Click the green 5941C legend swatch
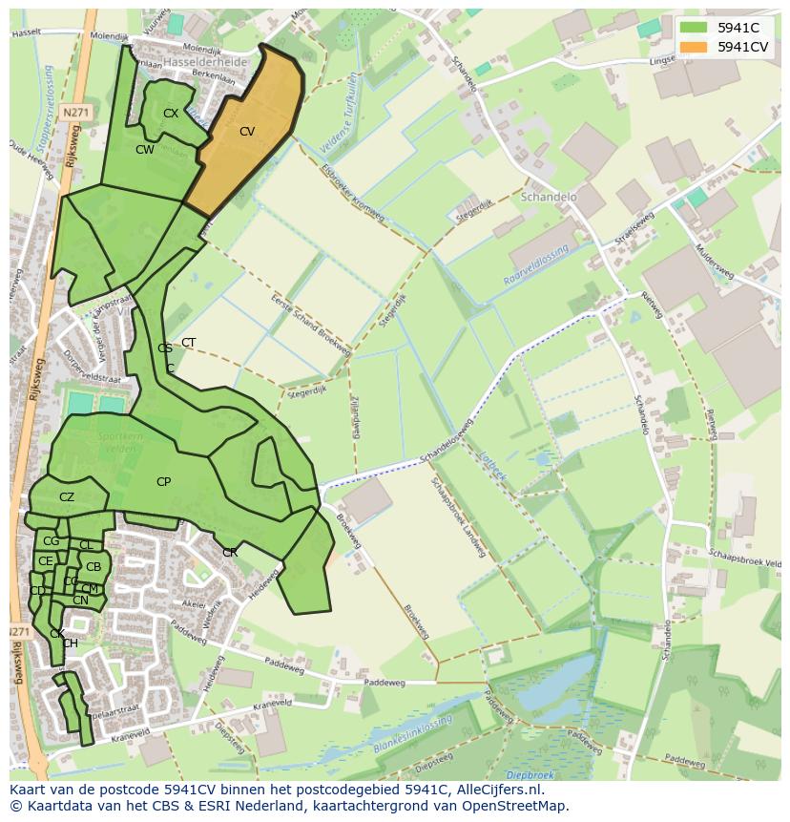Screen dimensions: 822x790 pyautogui.click(x=694, y=28)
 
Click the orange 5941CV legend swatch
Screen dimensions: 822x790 pyautogui.click(x=694, y=47)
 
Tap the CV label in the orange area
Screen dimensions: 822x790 pyautogui.click(x=247, y=132)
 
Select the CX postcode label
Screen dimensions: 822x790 pyautogui.click(x=171, y=113)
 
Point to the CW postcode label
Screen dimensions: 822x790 pyautogui.click(x=144, y=150)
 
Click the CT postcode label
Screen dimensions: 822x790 pyautogui.click(x=189, y=343)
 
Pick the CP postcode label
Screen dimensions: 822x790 pyautogui.click(x=163, y=482)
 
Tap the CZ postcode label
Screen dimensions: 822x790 pyautogui.click(x=67, y=497)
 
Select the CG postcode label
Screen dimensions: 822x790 pyautogui.click(x=51, y=541)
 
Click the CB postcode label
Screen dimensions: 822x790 pyautogui.click(x=94, y=567)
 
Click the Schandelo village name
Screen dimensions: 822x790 pyautogui.click(x=550, y=197)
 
